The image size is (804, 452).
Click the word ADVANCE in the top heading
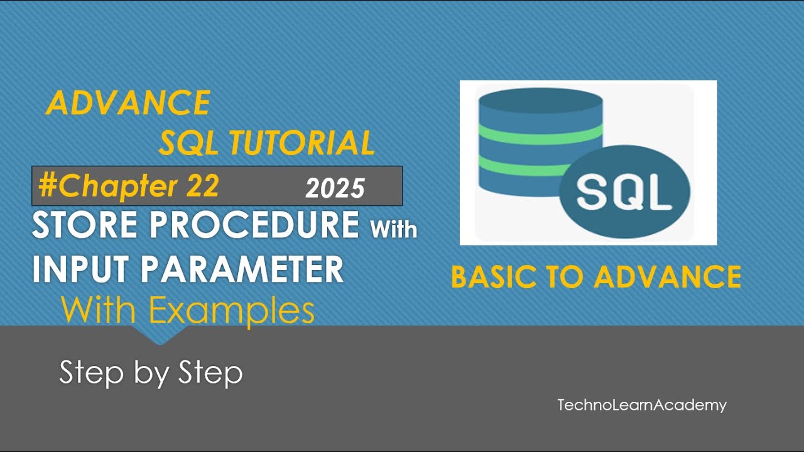pyautogui.click(x=128, y=103)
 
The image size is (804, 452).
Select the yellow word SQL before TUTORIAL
pyautogui.click(x=189, y=143)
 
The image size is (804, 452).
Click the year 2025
pyautogui.click(x=335, y=188)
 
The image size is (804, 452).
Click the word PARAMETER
pyautogui.click(x=242, y=269)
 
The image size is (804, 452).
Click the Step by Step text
pyautogui.click(x=151, y=373)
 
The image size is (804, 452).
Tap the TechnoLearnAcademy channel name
pyautogui.click(x=641, y=405)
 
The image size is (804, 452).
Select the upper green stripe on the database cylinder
pyautogui.click(x=540, y=133)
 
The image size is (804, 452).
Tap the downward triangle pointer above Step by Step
pyautogui.click(x=159, y=336)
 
